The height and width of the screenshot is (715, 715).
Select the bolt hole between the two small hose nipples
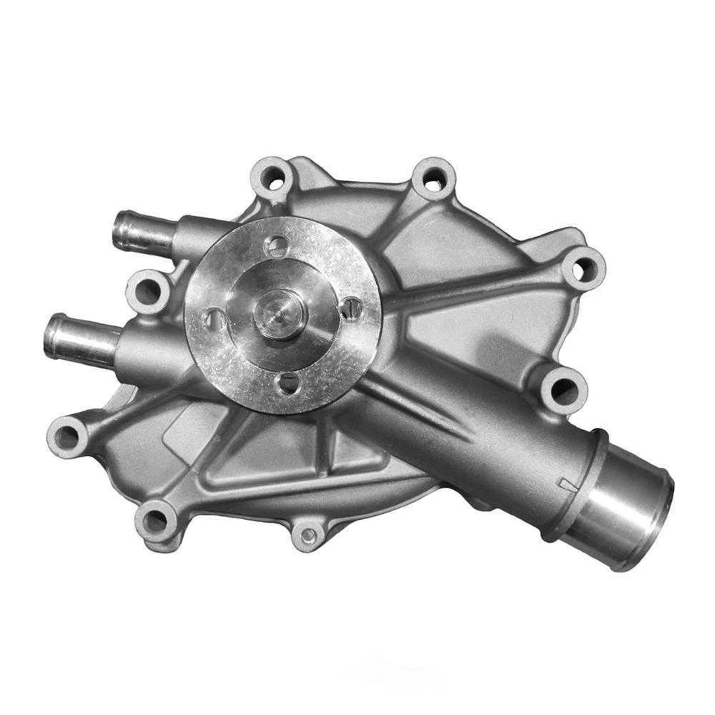(147, 290)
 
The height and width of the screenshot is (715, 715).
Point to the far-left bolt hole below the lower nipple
(69, 436)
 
